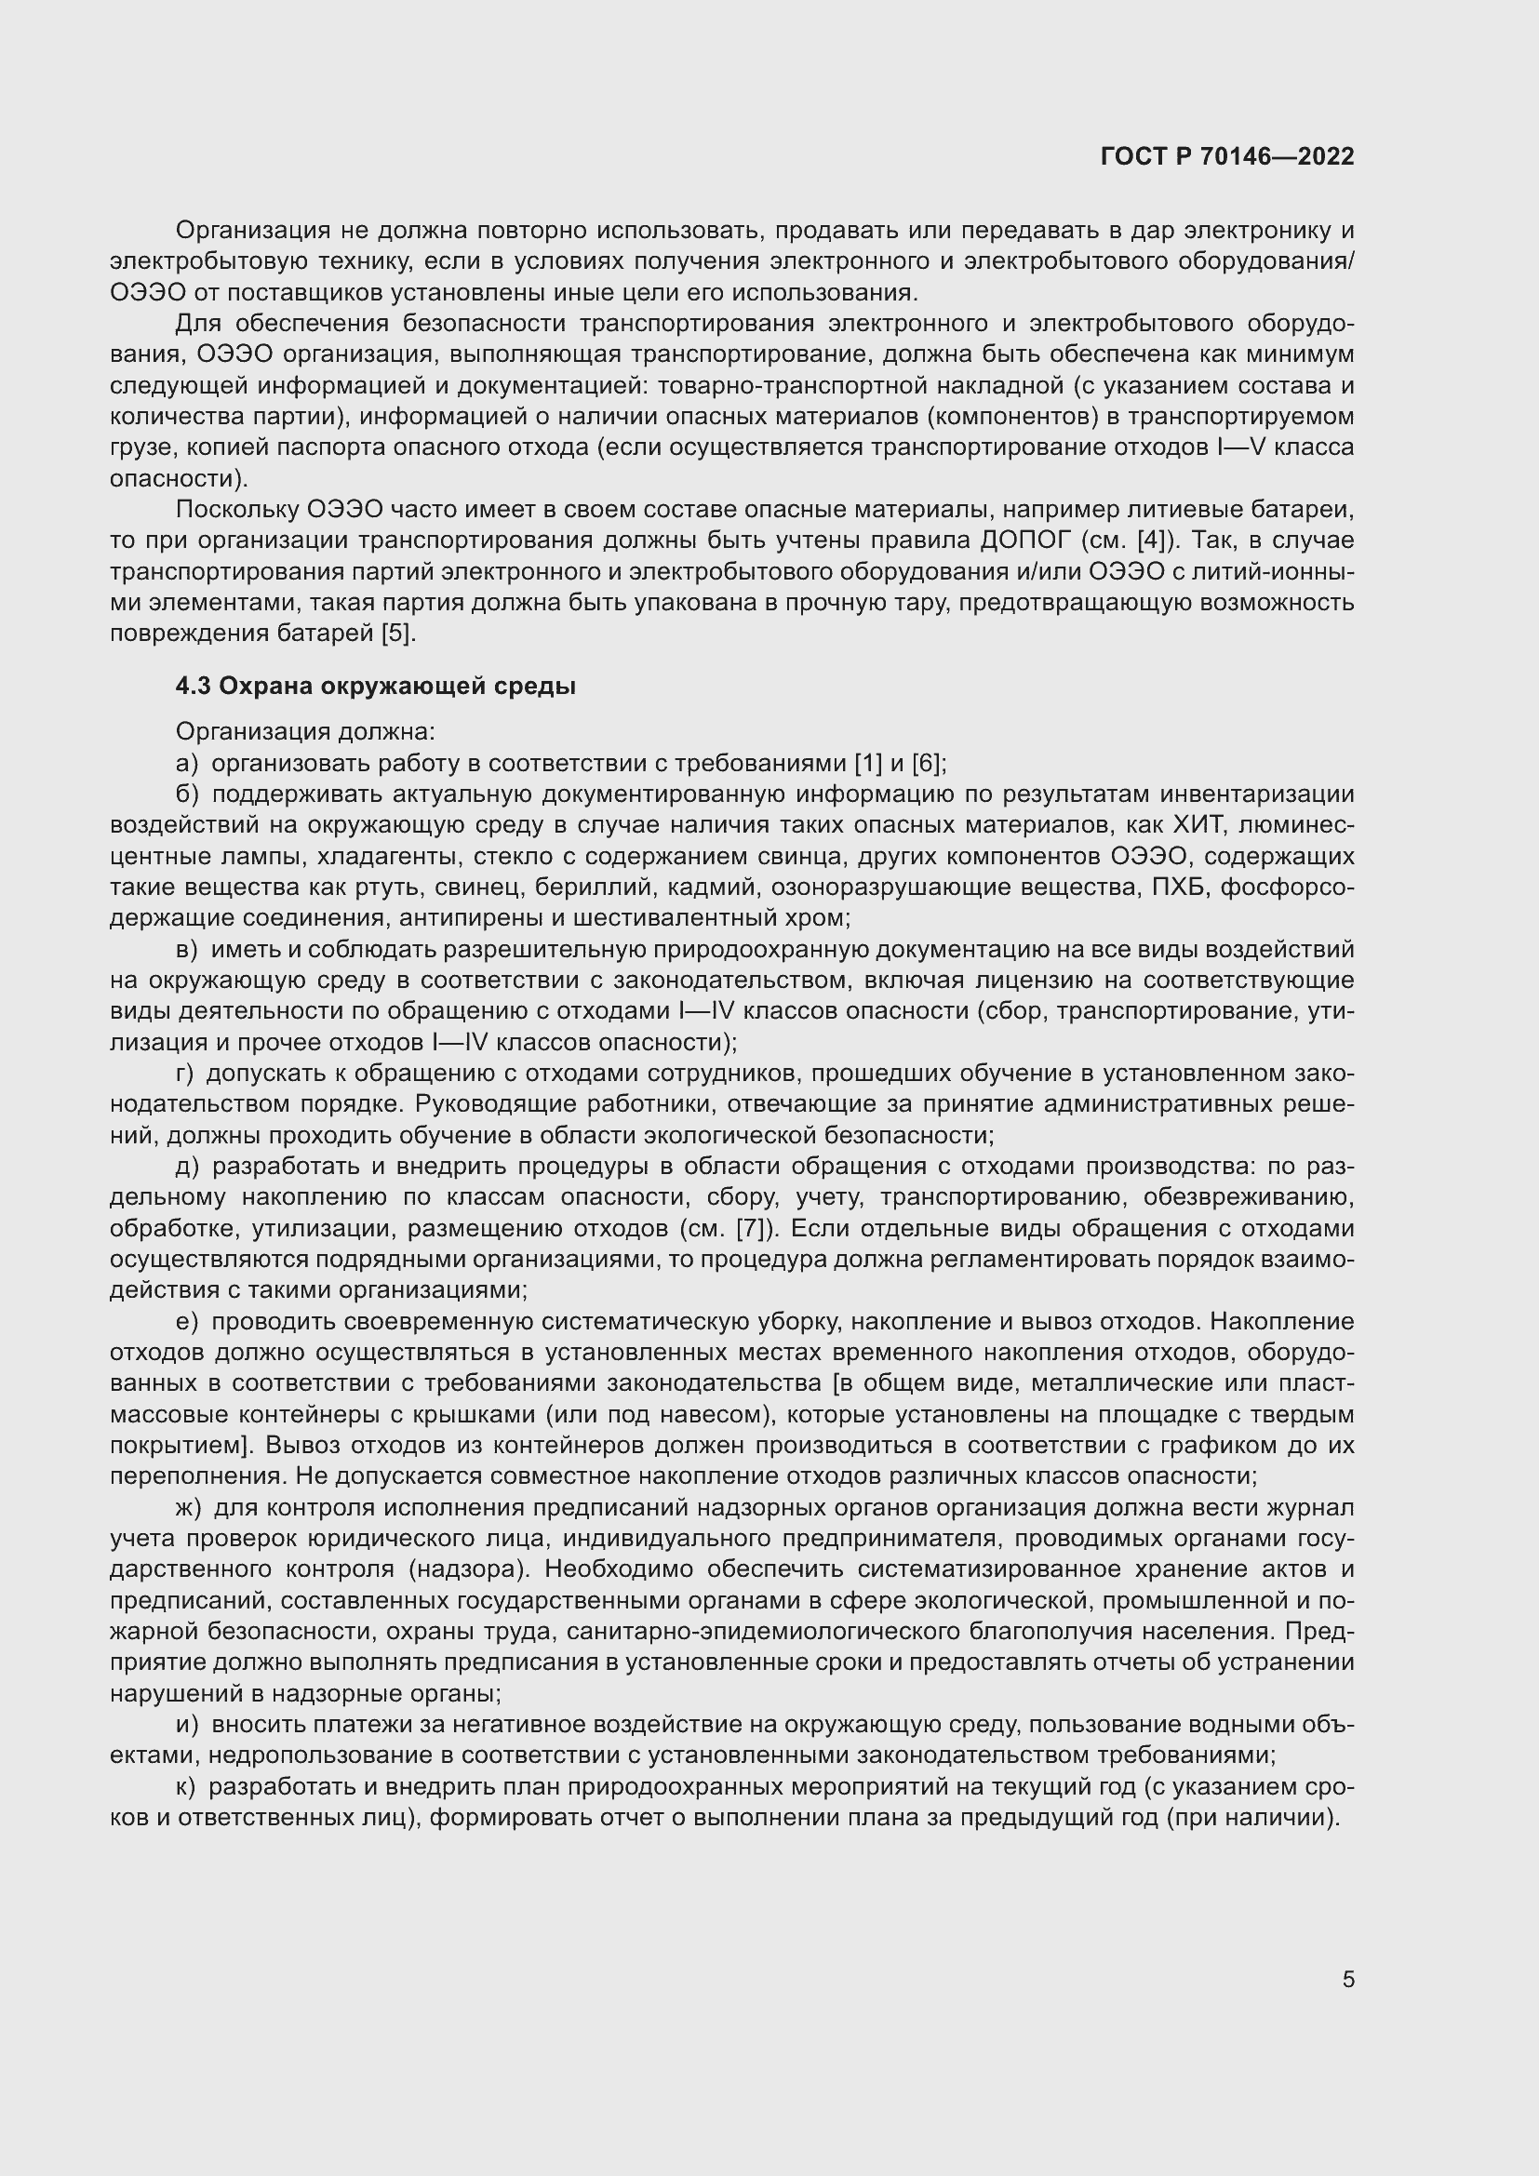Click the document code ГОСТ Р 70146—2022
(x=1227, y=156)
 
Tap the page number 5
(x=1347, y=1979)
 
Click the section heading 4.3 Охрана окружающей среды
(x=375, y=686)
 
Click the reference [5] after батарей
(x=398, y=634)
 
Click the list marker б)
(x=188, y=794)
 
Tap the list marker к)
(x=186, y=1787)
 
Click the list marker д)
(x=188, y=1167)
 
